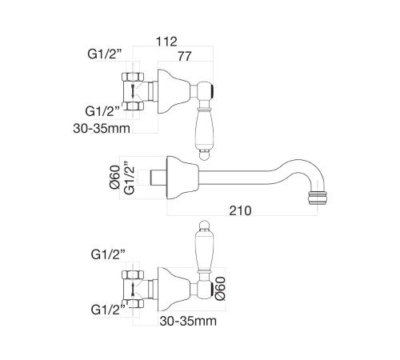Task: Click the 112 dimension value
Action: click(166, 42)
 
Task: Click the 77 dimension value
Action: click(185, 56)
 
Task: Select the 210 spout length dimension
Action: click(240, 210)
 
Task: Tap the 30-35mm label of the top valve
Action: click(102, 128)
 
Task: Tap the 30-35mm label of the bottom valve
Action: click(188, 321)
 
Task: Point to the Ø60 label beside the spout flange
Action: click(115, 177)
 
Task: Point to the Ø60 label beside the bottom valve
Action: click(220, 289)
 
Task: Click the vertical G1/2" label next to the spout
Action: click(130, 178)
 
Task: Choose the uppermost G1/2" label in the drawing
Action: click(105, 54)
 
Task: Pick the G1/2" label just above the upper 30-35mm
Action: click(102, 111)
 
